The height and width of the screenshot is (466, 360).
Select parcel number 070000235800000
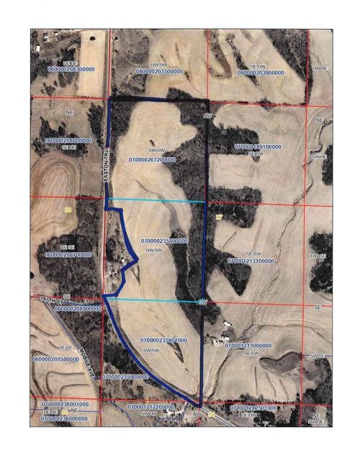pos(164,241)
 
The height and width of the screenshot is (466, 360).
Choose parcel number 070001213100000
pos(250,262)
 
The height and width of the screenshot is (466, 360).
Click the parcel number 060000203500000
pos(158,73)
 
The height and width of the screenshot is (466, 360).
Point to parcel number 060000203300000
pos(71,69)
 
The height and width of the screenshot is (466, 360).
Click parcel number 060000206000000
pos(68,140)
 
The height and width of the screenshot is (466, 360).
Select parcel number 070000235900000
pos(126,377)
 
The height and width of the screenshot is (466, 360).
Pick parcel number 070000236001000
pos(64,405)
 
